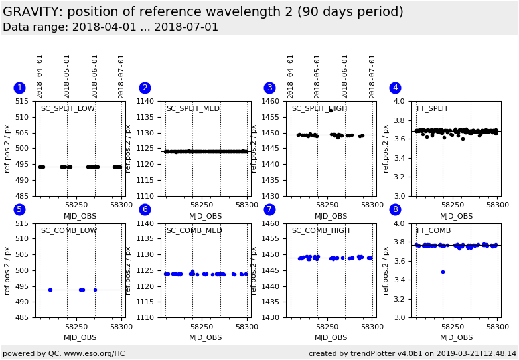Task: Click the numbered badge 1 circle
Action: coord(19,88)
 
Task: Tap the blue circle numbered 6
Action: coord(145,210)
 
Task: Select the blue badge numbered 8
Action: coord(395,210)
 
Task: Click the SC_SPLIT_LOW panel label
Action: coord(68,109)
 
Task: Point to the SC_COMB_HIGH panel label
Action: coord(321,231)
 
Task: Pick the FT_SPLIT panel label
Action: coord(432,109)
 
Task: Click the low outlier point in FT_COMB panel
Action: coord(443,272)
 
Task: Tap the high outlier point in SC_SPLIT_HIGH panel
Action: coord(331,110)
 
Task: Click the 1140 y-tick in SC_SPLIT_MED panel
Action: coord(147,102)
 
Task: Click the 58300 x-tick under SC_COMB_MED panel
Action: coord(247,327)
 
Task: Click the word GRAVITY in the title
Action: coord(32,12)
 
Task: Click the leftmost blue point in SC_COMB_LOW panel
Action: coord(50,290)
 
